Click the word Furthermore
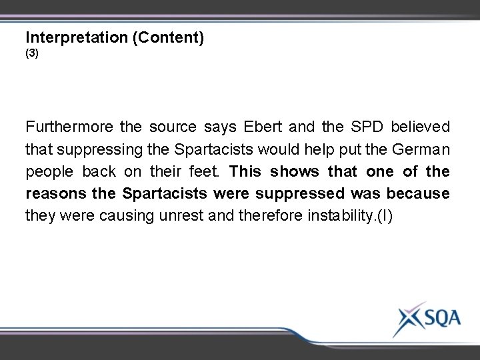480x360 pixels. [x=68, y=127]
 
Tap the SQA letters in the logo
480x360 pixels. [x=437, y=318]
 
